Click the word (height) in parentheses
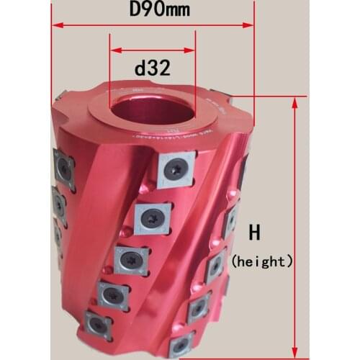click(262, 261)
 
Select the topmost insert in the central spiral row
click(175, 168)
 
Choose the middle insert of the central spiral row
click(132, 258)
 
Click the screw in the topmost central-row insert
click(176, 168)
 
